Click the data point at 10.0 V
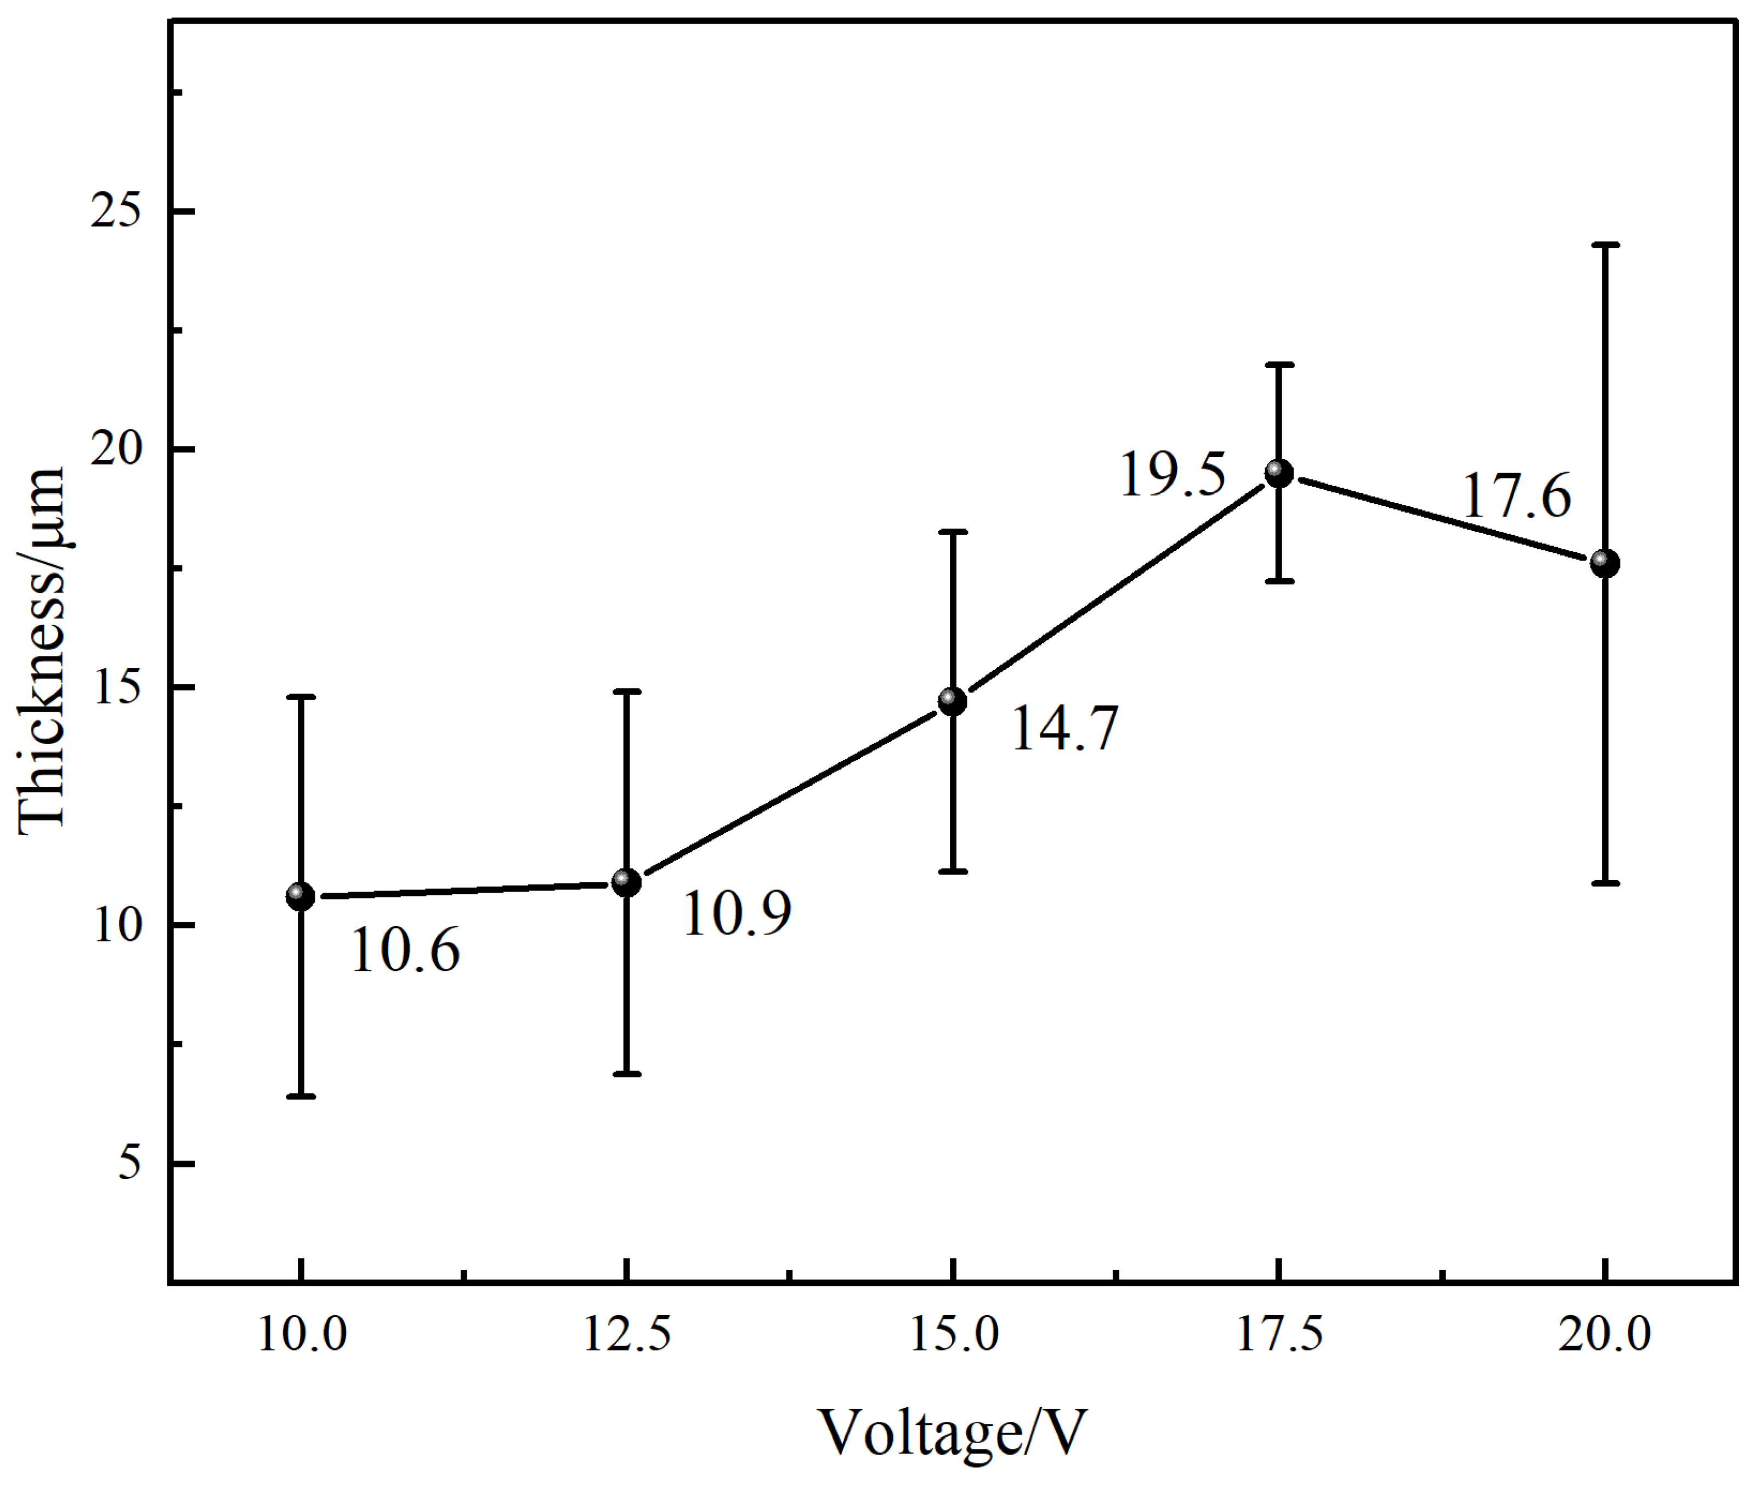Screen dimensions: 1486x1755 tap(300, 897)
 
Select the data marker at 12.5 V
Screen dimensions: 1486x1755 tap(626, 883)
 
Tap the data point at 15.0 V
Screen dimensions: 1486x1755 tap(952, 701)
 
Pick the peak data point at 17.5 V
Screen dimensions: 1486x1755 tap(1279, 473)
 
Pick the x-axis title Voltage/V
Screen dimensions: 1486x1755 tap(952, 1432)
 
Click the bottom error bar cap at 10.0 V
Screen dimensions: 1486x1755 tap(300, 1097)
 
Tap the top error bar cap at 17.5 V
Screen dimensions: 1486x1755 tap(1279, 365)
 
